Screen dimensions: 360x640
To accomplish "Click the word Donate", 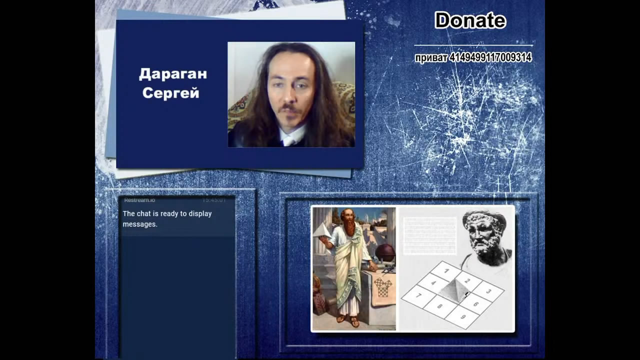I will tap(470, 20).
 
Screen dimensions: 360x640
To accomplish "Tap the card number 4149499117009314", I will tap(490, 58).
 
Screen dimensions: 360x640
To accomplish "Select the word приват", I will tap(430, 58).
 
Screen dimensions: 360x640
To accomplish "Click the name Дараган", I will tap(172, 74).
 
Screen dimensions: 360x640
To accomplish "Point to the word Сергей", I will tap(170, 93).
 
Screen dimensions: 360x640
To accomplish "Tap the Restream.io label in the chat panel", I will tap(139, 200).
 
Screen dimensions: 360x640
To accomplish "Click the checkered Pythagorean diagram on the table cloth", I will tap(383, 287).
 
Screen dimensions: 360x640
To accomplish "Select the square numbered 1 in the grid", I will tap(446, 270).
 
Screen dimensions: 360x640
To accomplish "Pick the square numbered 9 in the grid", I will tap(462, 316).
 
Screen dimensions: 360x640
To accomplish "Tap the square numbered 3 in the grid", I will tap(488, 290).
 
